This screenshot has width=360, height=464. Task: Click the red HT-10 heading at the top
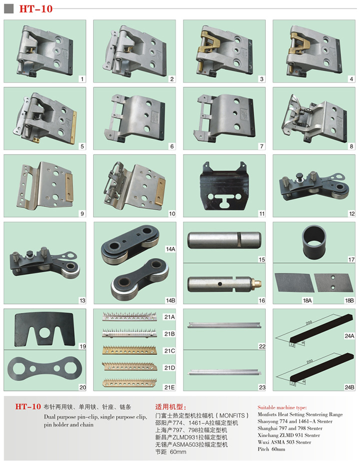[x=36, y=8]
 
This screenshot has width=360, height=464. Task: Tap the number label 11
[x=262, y=213]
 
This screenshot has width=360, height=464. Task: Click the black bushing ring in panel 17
[x=314, y=242]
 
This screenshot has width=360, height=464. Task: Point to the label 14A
[x=170, y=249]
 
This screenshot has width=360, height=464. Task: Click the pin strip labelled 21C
[x=129, y=350]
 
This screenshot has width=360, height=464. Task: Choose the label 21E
[x=169, y=387]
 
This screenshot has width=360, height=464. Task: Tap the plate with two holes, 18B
[x=333, y=282]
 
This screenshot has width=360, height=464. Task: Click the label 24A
[x=349, y=336]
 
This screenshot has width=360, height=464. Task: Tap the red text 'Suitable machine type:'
[x=282, y=407]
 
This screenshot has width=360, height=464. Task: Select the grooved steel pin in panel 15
[x=224, y=240]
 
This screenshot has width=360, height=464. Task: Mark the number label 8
[x=351, y=146]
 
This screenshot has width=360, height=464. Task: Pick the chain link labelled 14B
[x=140, y=279]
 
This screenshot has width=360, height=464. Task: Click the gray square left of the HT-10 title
[x=9, y=8]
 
